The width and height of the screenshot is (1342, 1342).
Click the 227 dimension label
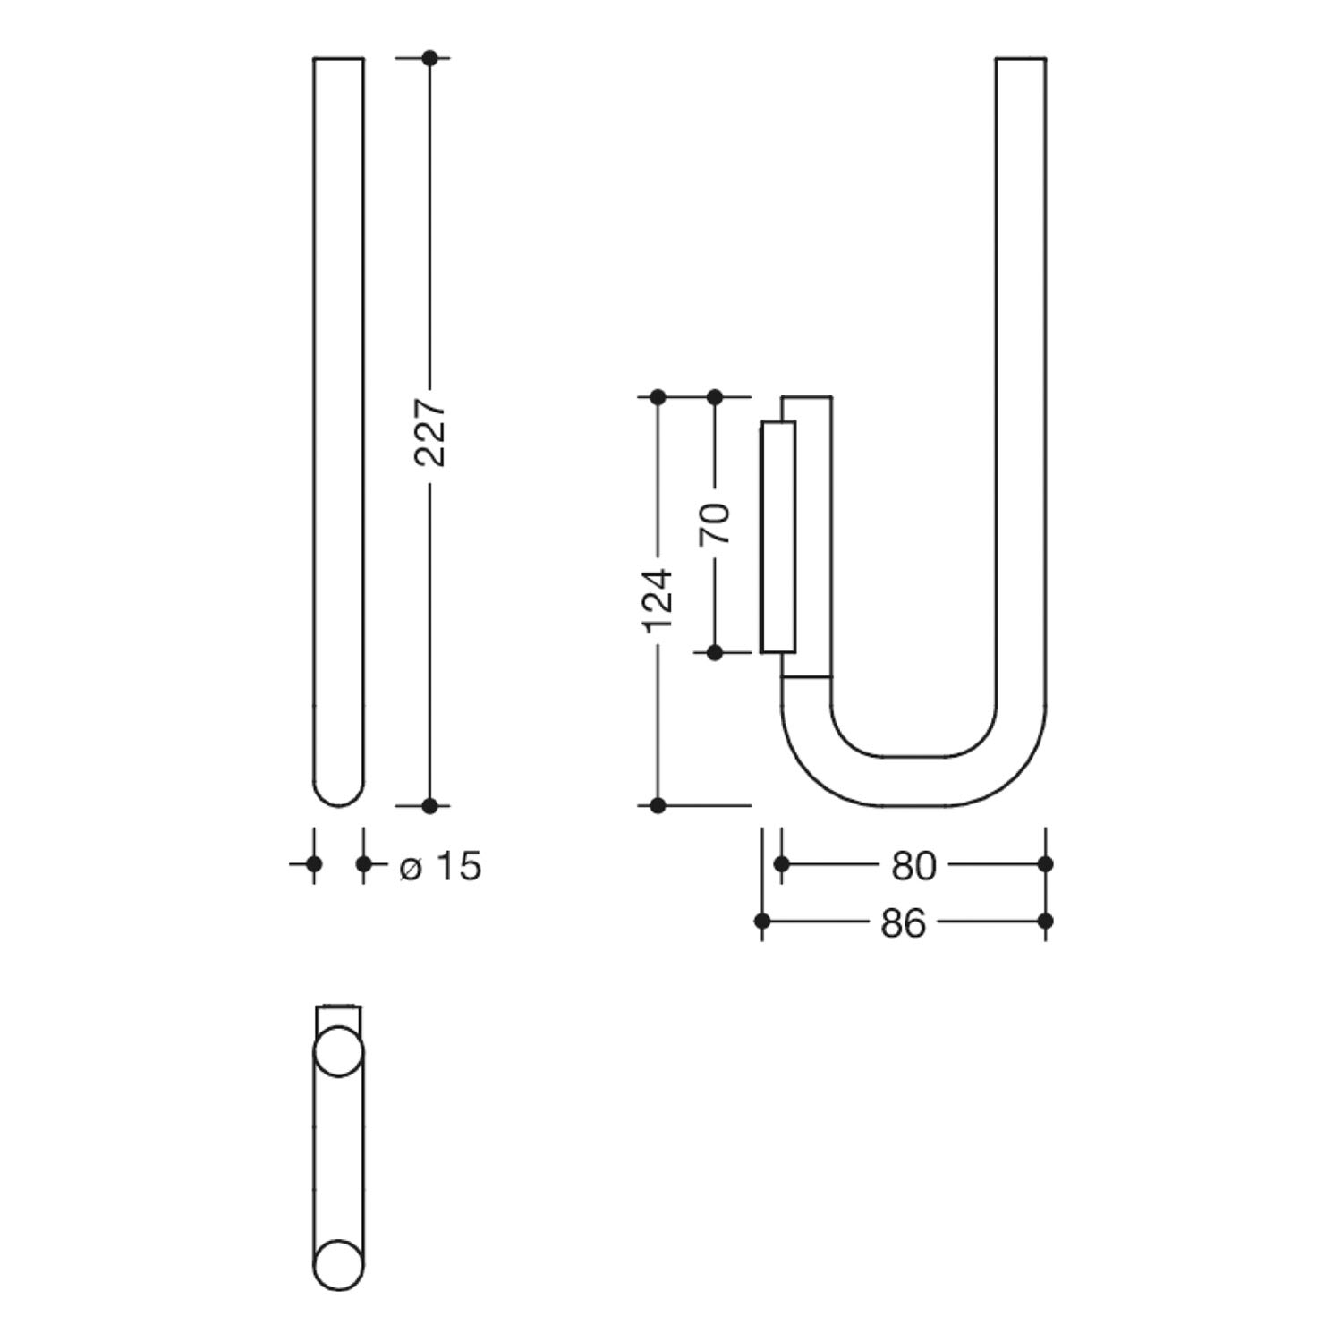pyautogui.click(x=431, y=432)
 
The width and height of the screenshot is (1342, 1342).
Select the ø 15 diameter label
pyautogui.click(x=441, y=865)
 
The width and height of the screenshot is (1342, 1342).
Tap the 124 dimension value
pyautogui.click(x=658, y=600)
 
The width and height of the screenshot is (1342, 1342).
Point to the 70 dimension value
pyautogui.click(x=716, y=524)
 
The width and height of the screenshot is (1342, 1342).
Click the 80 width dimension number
pyautogui.click(x=913, y=865)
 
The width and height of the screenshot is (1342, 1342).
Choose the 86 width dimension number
pyautogui.click(x=903, y=922)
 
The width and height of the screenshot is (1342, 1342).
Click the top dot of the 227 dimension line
pyautogui.click(x=429, y=58)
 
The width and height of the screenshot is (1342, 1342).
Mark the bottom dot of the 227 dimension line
pyautogui.click(x=429, y=806)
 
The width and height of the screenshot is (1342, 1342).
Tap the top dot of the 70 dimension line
pyautogui.click(x=715, y=396)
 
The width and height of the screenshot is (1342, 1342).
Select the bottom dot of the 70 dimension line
pyautogui.click(x=715, y=653)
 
